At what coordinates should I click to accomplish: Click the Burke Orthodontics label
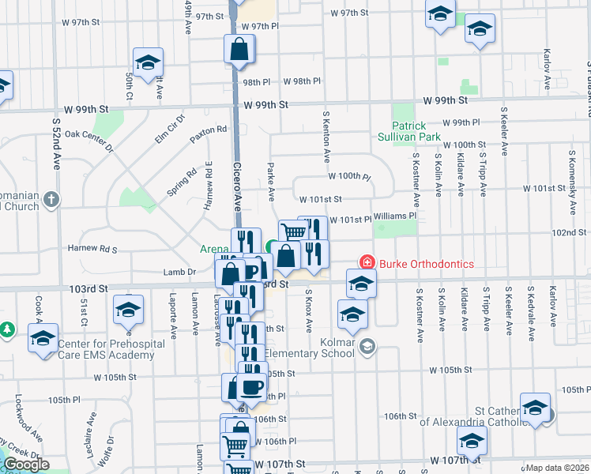[427, 263]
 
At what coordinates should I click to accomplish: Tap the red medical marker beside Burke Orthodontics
[367, 261]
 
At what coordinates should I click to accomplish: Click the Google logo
[25, 465]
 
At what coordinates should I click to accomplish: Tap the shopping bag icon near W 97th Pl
[239, 50]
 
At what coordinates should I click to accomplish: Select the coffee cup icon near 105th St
[252, 387]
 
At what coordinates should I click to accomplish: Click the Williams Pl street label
[395, 215]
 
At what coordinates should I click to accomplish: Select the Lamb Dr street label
[184, 271]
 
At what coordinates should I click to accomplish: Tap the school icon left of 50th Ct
[147, 63]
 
